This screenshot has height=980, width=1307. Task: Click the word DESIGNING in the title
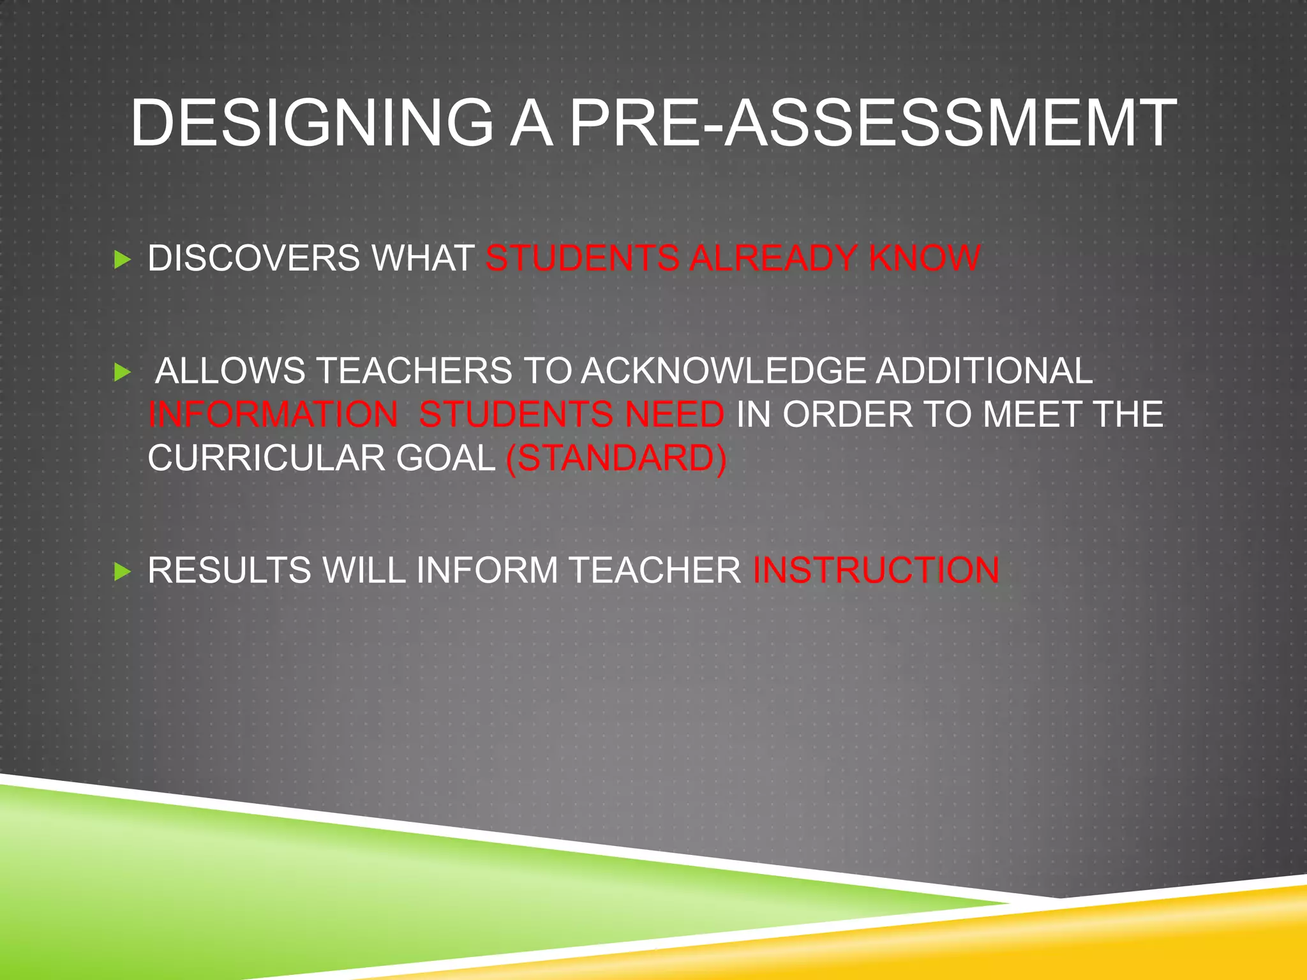point(312,123)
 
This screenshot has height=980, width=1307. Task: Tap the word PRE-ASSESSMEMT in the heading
point(872,123)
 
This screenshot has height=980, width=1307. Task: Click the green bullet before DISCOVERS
point(122,260)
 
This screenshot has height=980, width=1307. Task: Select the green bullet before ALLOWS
point(122,372)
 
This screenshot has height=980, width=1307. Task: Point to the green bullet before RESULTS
point(122,571)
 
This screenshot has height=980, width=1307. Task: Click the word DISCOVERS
point(254,258)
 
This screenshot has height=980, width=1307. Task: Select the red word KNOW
point(925,258)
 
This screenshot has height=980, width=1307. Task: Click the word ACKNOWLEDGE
point(724,371)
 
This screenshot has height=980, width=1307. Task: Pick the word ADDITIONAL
point(984,371)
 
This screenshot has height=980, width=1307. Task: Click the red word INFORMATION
point(273,414)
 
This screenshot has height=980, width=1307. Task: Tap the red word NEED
point(675,414)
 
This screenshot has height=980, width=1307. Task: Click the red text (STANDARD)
point(616,458)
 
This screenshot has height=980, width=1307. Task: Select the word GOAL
point(445,458)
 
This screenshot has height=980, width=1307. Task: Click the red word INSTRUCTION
point(876,570)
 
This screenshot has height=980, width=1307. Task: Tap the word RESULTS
point(229,570)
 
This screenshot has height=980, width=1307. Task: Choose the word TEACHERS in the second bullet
point(414,371)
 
